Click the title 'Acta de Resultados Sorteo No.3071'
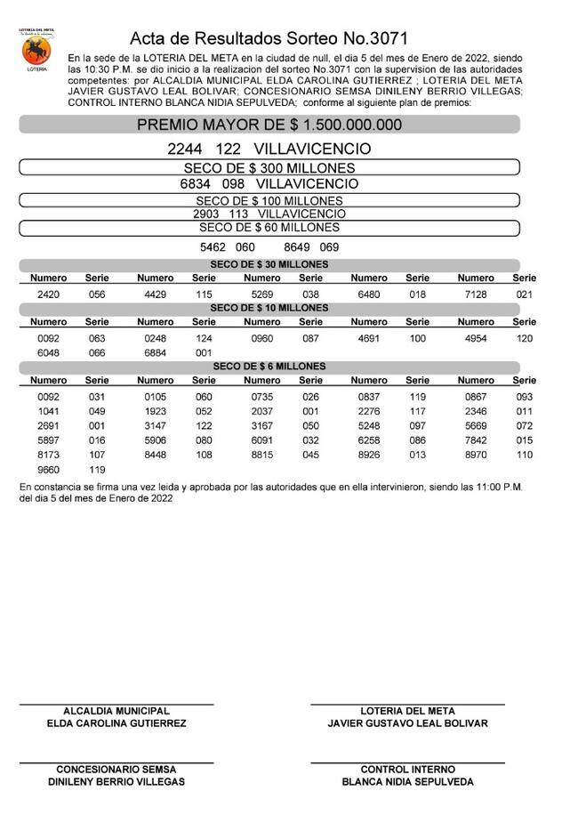point(269,38)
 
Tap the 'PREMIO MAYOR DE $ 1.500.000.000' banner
point(269,125)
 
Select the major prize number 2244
point(186,149)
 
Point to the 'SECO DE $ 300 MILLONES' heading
point(269,167)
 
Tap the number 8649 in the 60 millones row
point(297,246)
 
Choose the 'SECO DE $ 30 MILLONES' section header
point(269,264)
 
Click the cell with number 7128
point(476,294)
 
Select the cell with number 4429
point(156,294)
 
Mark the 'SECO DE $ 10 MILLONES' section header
point(269,308)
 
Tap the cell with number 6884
point(156,352)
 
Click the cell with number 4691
point(369,338)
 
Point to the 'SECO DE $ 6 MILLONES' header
point(269,367)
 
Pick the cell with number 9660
point(49,469)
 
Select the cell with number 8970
point(476,455)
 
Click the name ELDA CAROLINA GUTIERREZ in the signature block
point(116,724)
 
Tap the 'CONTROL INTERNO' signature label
point(407,769)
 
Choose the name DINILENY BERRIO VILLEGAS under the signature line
point(116,782)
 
